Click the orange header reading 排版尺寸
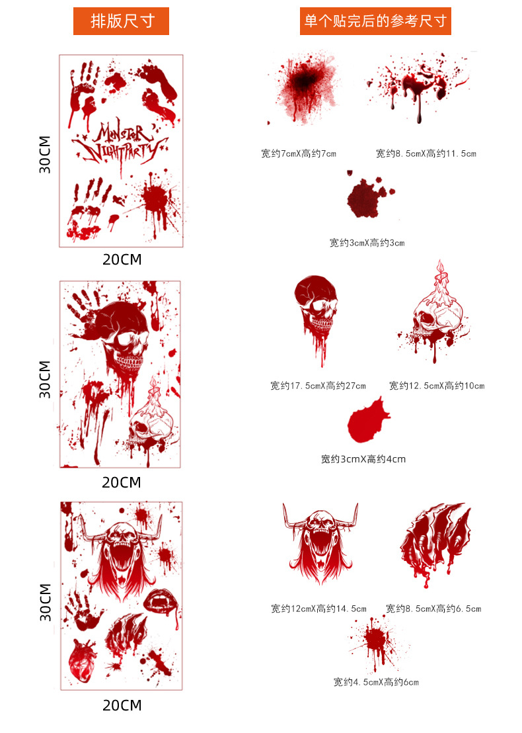[x=121, y=21]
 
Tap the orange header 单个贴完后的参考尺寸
[x=375, y=21]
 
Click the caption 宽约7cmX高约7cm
[x=299, y=153]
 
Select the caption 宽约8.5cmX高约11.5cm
[x=426, y=153]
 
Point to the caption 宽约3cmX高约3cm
[x=367, y=243]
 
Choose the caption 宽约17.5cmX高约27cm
[x=318, y=386]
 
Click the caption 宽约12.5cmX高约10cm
[x=437, y=386]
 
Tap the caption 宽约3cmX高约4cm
[x=363, y=459]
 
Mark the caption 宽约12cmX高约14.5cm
[x=319, y=609]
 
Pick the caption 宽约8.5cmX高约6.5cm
[x=433, y=609]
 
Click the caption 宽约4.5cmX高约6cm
[x=376, y=682]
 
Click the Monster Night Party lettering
[x=120, y=143]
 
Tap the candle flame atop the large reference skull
[x=439, y=267]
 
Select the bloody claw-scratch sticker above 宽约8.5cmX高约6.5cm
[x=435, y=542]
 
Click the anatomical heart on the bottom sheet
[x=83, y=660]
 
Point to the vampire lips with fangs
[x=161, y=601]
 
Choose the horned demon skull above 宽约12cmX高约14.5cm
[x=320, y=542]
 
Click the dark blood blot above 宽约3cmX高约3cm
[x=367, y=196]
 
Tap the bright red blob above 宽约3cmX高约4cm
[x=368, y=420]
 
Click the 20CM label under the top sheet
[x=122, y=259]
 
